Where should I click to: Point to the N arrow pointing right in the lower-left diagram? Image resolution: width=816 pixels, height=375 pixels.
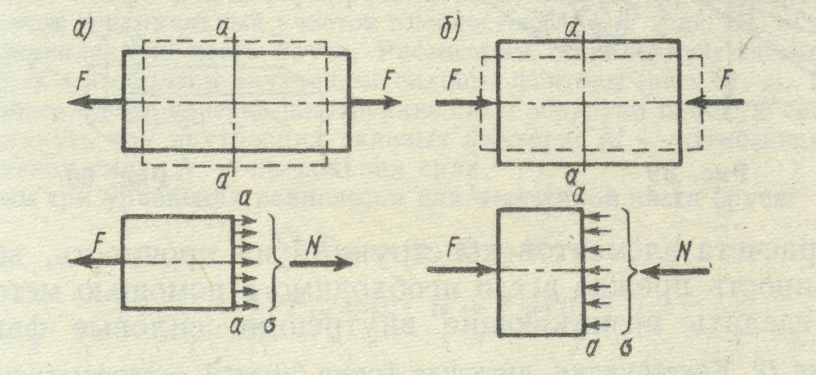pos(321,264)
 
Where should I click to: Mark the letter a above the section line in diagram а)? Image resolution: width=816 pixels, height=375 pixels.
pos(223,29)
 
